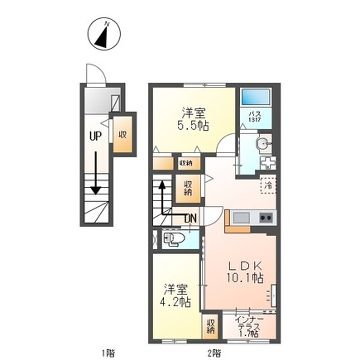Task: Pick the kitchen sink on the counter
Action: tap(238, 218)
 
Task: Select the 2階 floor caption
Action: tap(214, 352)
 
